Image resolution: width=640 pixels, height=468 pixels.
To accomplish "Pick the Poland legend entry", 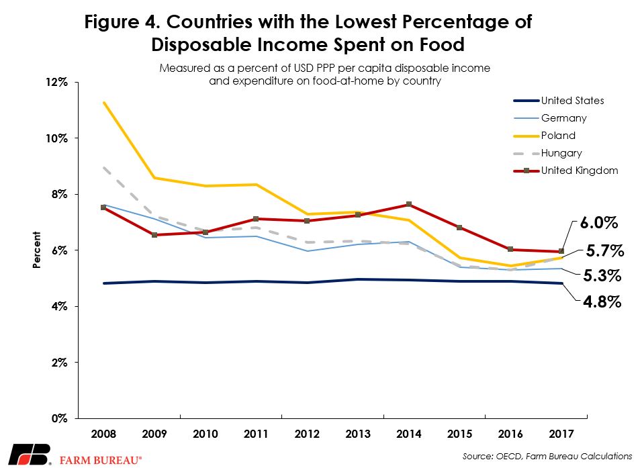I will tap(558, 136).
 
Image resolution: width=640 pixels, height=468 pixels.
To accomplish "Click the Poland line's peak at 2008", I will tap(104, 103).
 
